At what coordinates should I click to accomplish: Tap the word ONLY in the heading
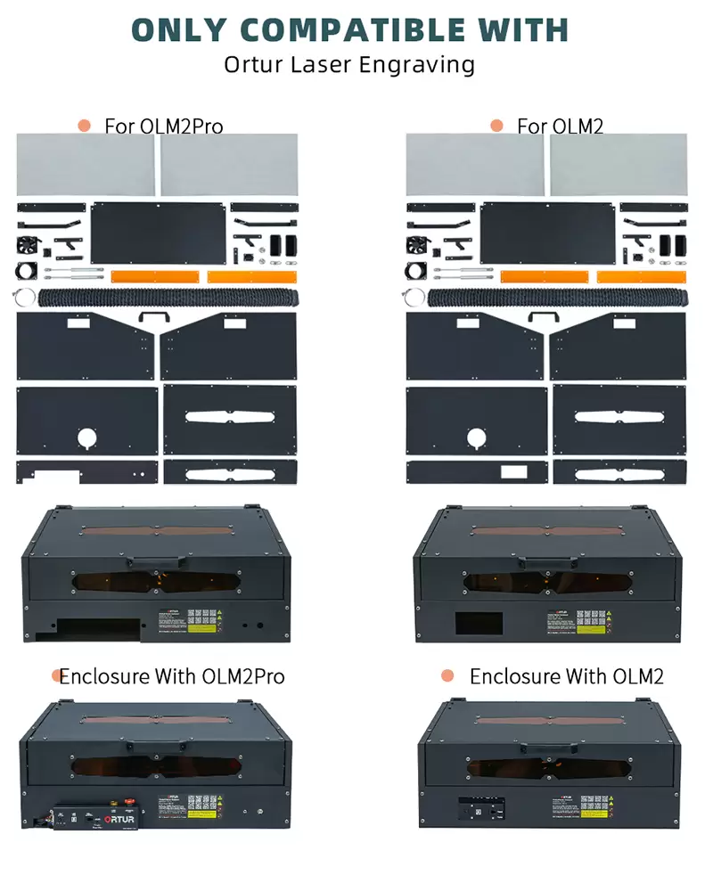point(186,29)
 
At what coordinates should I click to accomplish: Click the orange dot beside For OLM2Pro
point(85,126)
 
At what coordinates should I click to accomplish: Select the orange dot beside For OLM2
point(497,126)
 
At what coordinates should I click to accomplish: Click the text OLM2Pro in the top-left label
point(182,126)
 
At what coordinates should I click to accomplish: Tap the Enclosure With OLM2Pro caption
point(172,676)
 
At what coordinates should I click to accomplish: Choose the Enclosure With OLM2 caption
point(567,676)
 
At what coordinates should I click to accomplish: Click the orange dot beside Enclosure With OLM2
point(448,676)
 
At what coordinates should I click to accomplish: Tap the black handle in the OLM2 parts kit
point(545,316)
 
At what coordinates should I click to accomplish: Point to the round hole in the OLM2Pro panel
point(87,437)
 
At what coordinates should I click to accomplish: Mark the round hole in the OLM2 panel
point(478,437)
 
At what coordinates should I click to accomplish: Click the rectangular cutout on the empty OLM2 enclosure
point(473,622)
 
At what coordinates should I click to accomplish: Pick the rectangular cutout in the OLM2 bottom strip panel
point(514,472)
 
